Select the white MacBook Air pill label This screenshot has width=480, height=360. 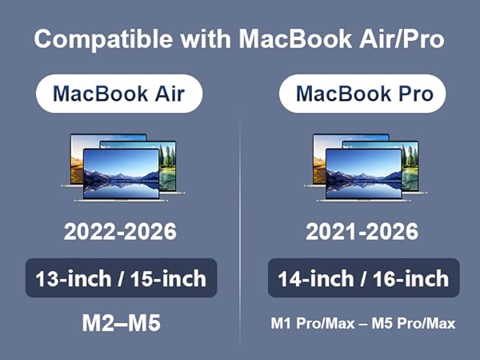click(119, 94)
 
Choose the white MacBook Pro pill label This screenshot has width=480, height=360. click(365, 94)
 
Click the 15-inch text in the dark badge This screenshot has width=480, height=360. click(170, 278)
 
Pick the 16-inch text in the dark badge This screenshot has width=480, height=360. click(412, 279)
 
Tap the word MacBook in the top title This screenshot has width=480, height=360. click(295, 40)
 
